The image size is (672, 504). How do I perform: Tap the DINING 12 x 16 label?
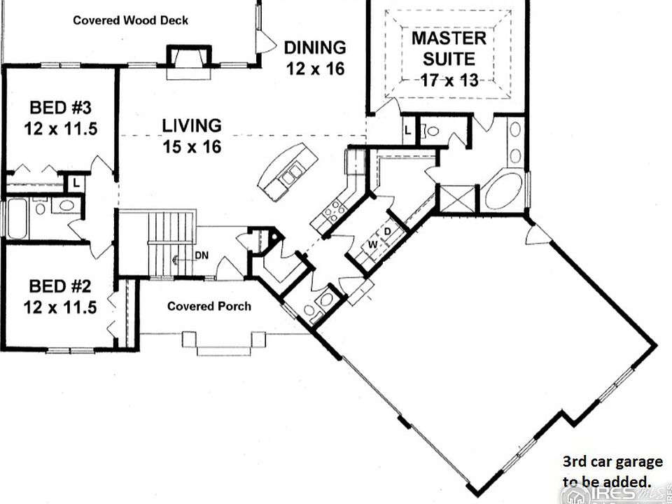coord(315,58)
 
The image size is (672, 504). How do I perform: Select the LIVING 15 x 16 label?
coord(192,136)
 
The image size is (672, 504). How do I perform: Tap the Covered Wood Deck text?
coord(130,20)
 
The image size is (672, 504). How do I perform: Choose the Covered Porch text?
coord(209,306)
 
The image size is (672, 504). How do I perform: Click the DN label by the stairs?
coord(202,255)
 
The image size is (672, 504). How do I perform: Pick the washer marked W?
coord(372,245)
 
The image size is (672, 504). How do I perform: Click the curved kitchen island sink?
coord(290,175)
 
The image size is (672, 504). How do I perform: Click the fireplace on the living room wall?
coord(189,62)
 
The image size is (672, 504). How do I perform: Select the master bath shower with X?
coord(458,198)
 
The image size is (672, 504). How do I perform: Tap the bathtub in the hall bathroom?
coord(17,218)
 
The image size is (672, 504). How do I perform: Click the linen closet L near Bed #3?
coord(76,183)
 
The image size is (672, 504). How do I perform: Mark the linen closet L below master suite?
coord(407,131)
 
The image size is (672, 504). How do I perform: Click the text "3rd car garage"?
coord(612,461)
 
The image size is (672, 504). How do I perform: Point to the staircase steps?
coord(171,244)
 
